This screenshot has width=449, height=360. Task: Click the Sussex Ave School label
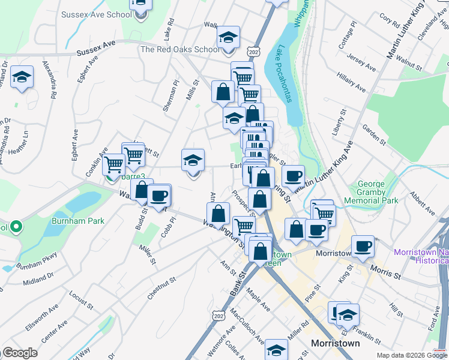96,14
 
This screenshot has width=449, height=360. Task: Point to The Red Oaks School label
180,50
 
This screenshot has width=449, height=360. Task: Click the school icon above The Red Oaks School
228,38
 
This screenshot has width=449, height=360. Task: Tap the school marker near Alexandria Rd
22,77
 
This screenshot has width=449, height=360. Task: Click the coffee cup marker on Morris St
363,247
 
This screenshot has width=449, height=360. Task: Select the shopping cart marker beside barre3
113,164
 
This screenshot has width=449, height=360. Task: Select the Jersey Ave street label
361,61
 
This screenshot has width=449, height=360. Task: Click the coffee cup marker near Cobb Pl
159,195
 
